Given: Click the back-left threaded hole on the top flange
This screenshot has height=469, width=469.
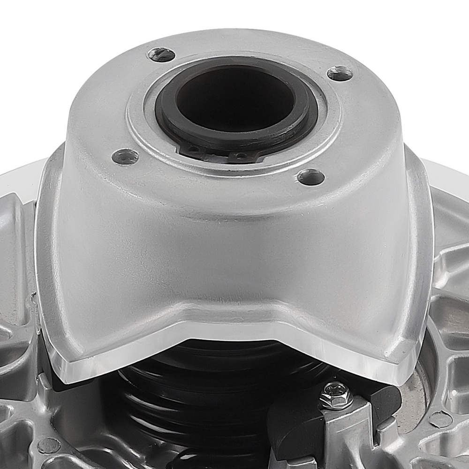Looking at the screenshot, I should pyautogui.click(x=161, y=54).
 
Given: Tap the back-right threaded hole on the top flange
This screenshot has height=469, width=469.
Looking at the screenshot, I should pyautogui.click(x=340, y=73).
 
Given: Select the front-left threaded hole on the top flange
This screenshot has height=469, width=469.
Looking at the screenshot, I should pyautogui.click(x=125, y=156).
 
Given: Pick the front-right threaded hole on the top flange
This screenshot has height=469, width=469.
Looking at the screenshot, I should pyautogui.click(x=311, y=177).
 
